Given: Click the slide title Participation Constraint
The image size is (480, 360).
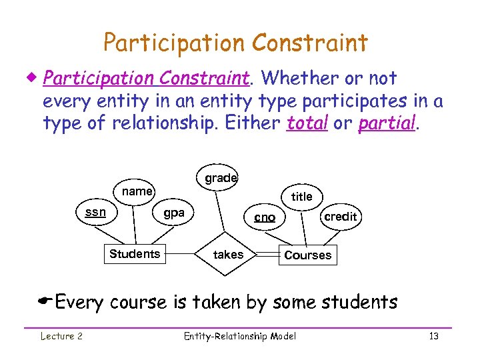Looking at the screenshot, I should tap(235, 43).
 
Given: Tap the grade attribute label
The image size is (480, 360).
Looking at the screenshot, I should tap(221, 178).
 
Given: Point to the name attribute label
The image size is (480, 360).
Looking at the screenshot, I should tap(138, 191).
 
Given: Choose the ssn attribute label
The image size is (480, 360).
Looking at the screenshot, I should tap(96, 212).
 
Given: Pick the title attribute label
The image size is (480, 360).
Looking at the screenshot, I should tap(302, 196).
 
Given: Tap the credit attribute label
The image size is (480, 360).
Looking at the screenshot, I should tap(340, 217).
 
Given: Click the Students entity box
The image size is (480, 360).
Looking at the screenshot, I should tap(135, 254).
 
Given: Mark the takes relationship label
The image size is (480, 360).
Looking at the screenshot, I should tap(228, 255).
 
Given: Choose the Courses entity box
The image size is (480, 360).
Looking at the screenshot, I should tap(307, 255).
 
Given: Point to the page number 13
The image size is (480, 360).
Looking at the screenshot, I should tap(433, 336).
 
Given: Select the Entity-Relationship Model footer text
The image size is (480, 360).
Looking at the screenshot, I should tap(240, 336).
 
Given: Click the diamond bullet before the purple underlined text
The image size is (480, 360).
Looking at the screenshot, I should tap(34, 79).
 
